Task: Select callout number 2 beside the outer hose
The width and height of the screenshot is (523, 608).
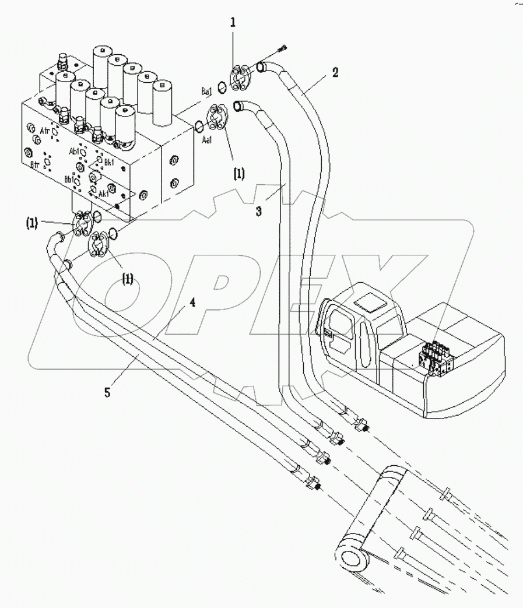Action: click(335, 73)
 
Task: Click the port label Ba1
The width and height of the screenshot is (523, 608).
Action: click(206, 92)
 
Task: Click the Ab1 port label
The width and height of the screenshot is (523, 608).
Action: click(75, 152)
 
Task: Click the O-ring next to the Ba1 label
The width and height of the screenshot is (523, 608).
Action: click(221, 88)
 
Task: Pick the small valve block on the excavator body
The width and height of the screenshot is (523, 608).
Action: click(436, 356)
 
